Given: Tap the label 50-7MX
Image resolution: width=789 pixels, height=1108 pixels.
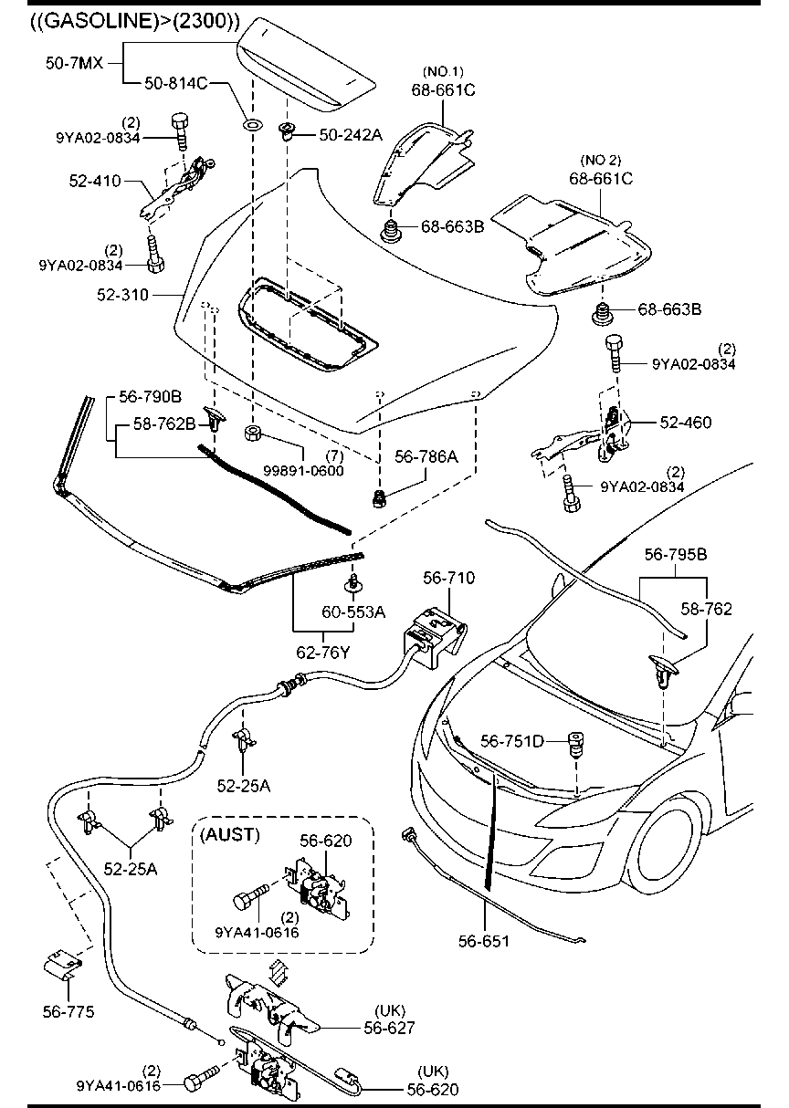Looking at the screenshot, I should tap(75, 63).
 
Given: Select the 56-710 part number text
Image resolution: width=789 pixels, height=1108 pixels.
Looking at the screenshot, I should tap(448, 578).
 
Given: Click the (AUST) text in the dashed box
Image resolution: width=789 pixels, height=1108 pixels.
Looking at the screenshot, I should tap(231, 834).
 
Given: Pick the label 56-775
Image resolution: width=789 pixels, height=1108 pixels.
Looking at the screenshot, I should tap(68, 1011).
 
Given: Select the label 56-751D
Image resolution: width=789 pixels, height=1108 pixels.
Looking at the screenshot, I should tap(512, 742).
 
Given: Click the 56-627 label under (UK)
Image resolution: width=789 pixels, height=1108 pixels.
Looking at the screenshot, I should tap(390, 1028).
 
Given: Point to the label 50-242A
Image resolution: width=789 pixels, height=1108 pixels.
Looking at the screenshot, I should tap(351, 135).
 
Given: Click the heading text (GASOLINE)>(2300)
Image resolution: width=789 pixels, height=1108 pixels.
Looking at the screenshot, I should tap(122, 20).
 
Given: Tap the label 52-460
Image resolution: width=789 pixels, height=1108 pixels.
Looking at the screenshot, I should tap(686, 423).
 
